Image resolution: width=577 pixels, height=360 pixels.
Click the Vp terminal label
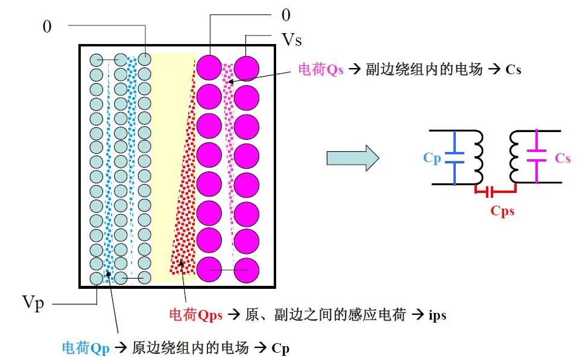(x=33, y=303)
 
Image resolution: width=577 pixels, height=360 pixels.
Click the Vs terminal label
(x=292, y=40)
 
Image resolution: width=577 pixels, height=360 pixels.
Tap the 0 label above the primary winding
(x=47, y=27)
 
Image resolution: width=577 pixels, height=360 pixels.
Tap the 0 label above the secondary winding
(x=286, y=15)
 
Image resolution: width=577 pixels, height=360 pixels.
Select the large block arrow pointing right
(x=353, y=158)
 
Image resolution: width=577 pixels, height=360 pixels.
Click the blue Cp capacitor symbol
(x=455, y=157)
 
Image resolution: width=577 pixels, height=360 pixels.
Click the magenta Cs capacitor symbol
(x=537, y=156)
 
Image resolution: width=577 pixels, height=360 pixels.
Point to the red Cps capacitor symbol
(x=496, y=191)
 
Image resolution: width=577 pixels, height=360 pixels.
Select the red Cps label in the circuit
(x=502, y=211)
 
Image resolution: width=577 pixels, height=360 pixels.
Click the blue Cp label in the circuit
(x=432, y=157)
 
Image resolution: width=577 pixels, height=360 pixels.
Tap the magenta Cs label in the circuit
(x=563, y=158)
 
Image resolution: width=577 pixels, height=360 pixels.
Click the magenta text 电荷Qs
(x=321, y=69)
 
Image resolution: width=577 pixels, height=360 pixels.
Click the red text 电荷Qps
(x=196, y=315)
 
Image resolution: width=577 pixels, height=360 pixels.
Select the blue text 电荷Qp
(x=86, y=348)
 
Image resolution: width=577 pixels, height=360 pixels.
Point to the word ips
(x=438, y=315)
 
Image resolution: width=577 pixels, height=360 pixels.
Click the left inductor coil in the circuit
(x=478, y=157)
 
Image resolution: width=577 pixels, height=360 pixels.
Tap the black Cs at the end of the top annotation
(x=513, y=69)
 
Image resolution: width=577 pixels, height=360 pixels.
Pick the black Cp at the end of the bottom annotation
(x=280, y=348)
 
